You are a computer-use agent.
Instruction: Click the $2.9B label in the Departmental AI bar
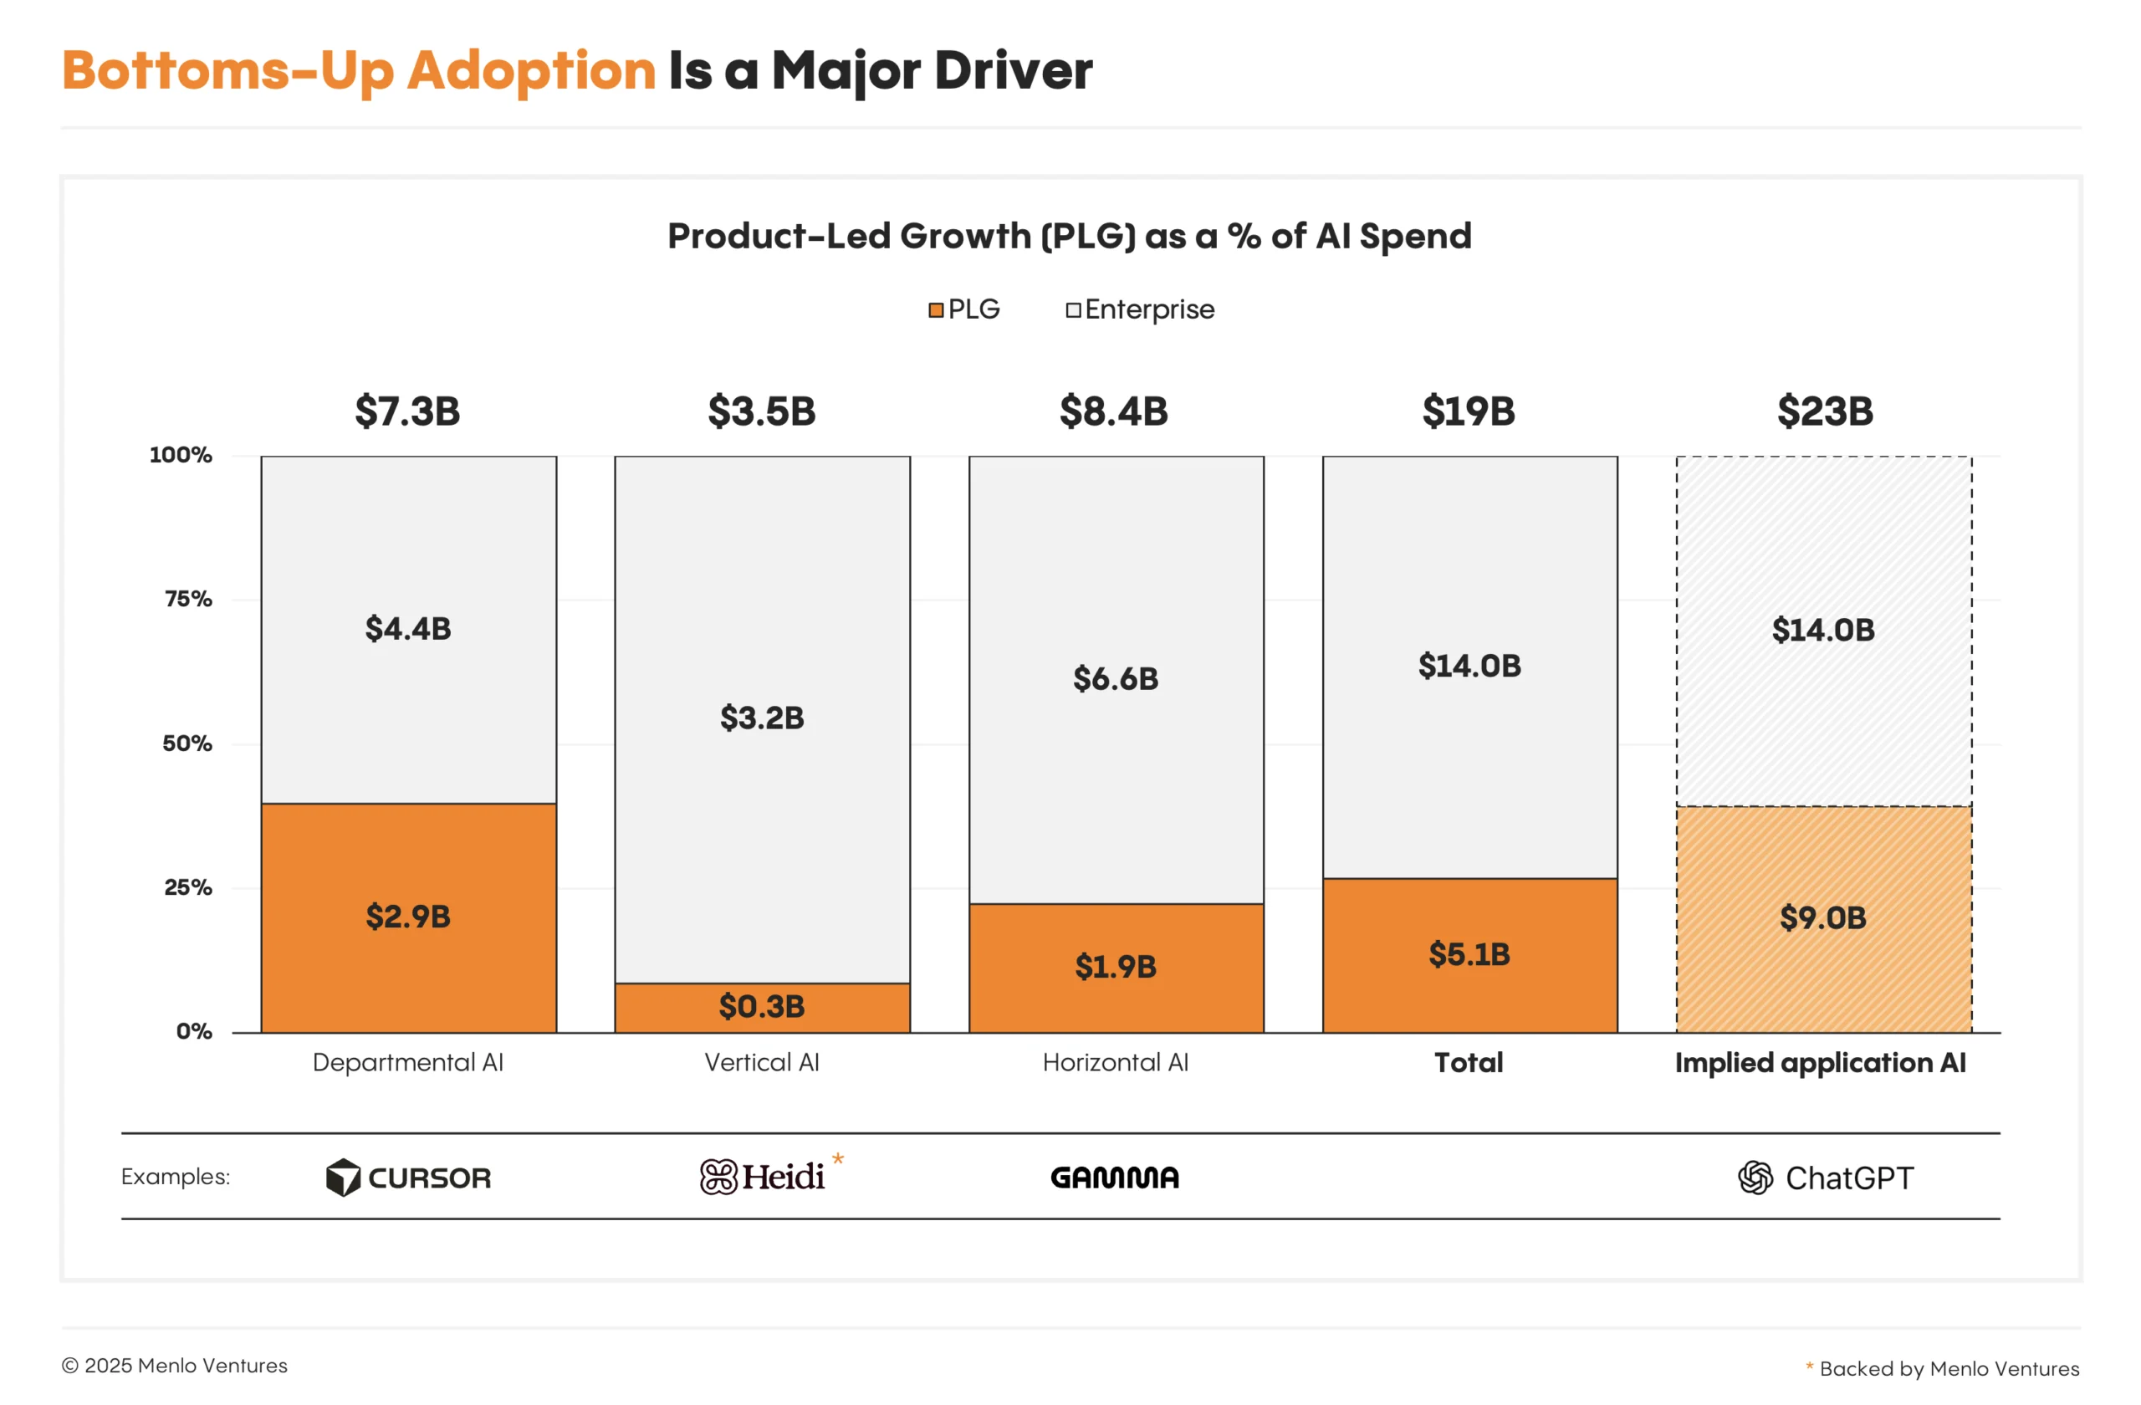tap(407, 917)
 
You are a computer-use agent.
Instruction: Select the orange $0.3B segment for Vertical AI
tap(762, 1007)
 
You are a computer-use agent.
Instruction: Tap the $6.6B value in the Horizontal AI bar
tap(1116, 678)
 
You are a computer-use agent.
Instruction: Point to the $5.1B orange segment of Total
tap(1469, 954)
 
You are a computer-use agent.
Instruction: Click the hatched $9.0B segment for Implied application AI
tap(1823, 918)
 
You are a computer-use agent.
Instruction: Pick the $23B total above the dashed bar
tap(1825, 411)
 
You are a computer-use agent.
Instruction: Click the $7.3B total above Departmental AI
tap(407, 411)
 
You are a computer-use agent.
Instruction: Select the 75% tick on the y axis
tap(188, 599)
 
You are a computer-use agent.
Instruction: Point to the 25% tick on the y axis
tap(188, 888)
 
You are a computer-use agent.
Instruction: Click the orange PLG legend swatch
tap(936, 310)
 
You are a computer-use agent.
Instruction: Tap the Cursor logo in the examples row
tap(408, 1178)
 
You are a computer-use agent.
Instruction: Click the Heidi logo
tap(763, 1177)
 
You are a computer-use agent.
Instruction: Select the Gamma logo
tap(1115, 1178)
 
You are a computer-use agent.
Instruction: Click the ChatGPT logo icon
tap(1755, 1178)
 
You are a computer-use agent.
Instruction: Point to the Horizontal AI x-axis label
tap(1116, 1062)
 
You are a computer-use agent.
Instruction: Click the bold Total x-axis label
tap(1468, 1062)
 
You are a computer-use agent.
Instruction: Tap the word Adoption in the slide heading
tap(531, 70)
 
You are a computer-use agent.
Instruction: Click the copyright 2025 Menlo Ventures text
tap(175, 1366)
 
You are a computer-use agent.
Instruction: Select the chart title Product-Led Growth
tap(1069, 236)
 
